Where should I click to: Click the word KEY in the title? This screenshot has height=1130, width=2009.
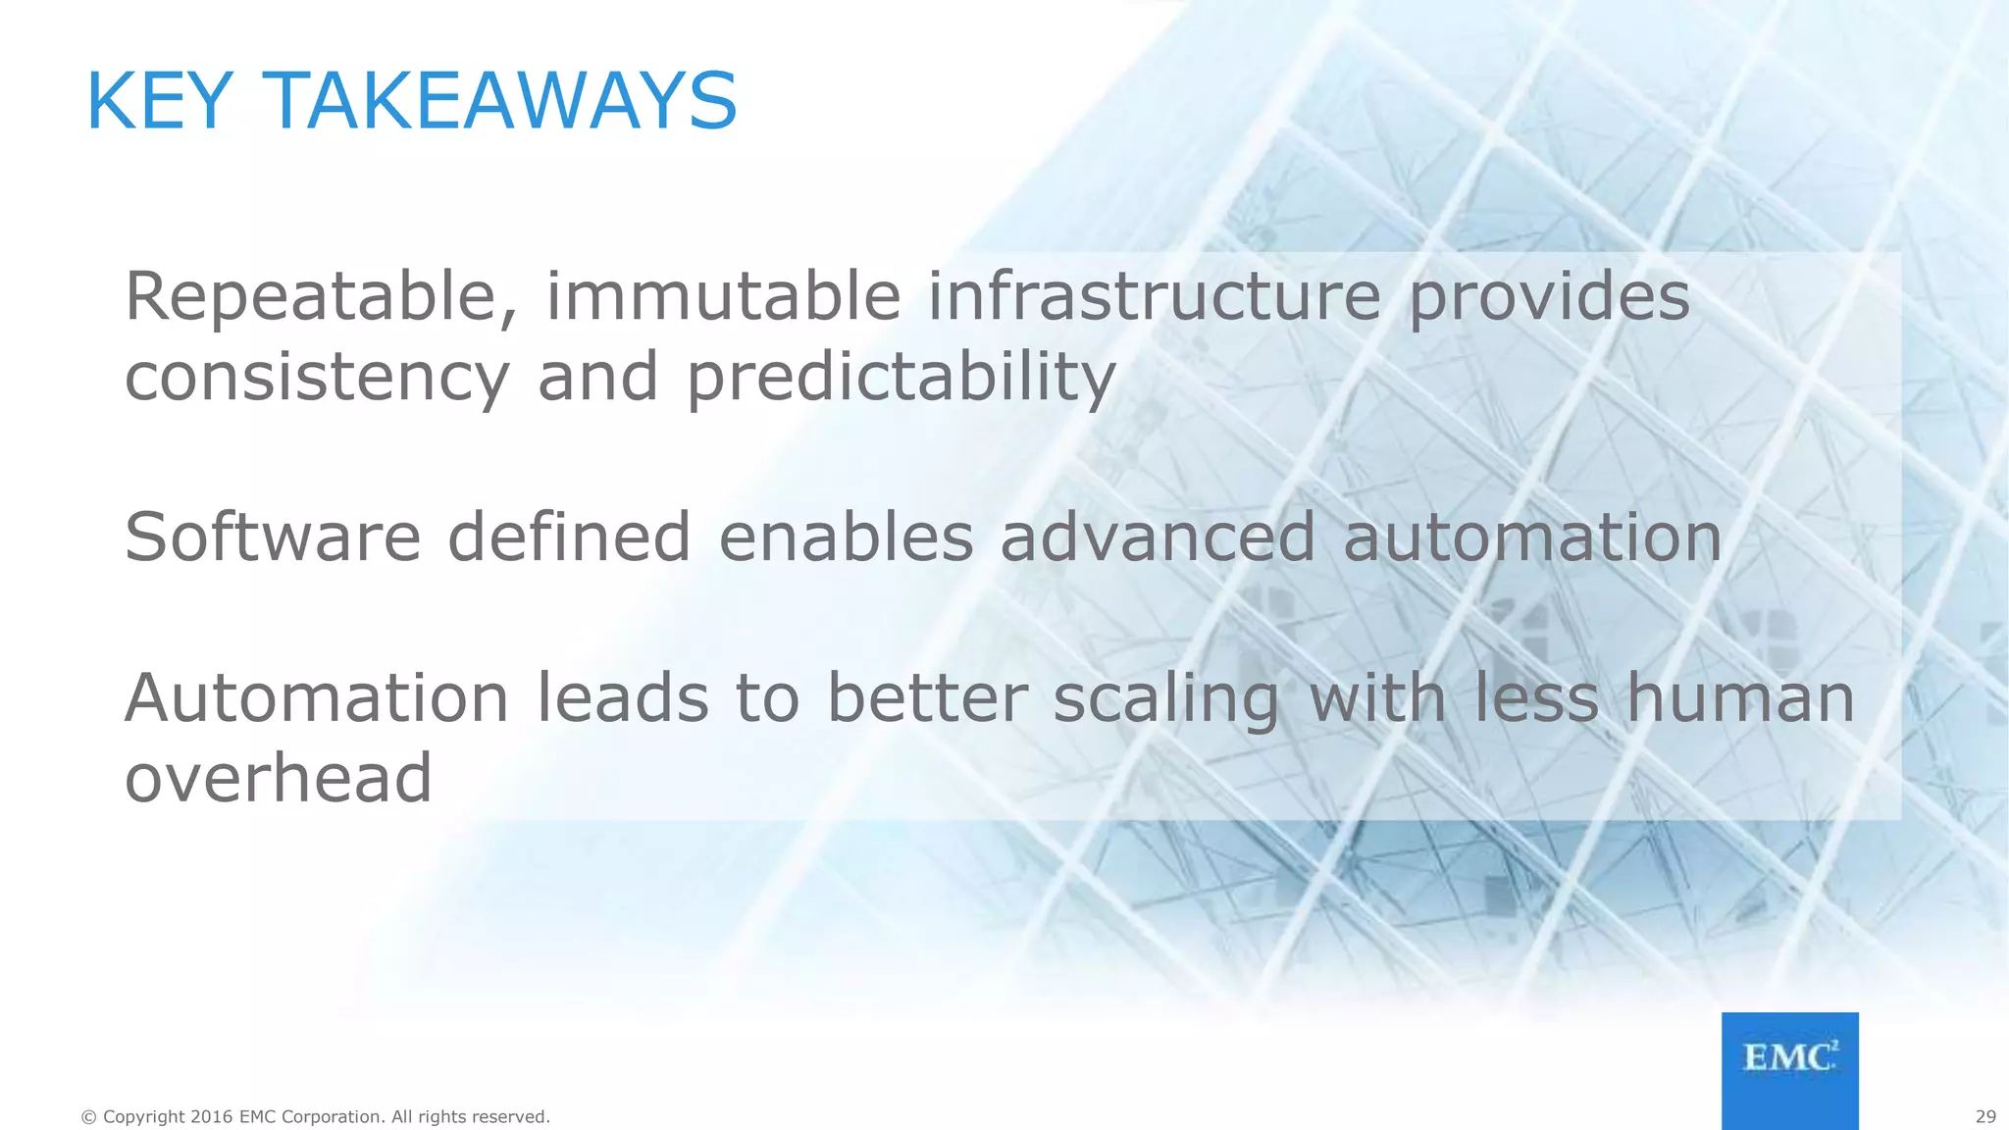(x=160, y=101)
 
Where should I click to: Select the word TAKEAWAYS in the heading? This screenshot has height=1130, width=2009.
(x=501, y=101)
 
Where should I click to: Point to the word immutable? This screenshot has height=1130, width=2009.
(x=722, y=297)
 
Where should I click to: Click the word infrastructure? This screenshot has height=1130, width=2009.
(x=1154, y=297)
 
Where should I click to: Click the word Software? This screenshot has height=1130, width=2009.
(x=273, y=538)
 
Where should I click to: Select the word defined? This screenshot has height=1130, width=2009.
(x=569, y=538)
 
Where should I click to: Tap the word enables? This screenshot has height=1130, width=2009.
(x=846, y=538)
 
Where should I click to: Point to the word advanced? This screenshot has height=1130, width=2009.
(x=1158, y=538)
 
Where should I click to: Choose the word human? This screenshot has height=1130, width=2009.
(x=1740, y=698)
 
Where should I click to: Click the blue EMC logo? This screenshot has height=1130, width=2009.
(x=1789, y=1070)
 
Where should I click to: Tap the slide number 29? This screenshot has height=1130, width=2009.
(x=1985, y=1116)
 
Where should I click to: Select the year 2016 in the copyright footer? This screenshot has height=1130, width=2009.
(x=212, y=1116)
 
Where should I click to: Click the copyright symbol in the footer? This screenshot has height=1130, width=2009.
(x=89, y=1117)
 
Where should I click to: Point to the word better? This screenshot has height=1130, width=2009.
(x=927, y=698)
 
